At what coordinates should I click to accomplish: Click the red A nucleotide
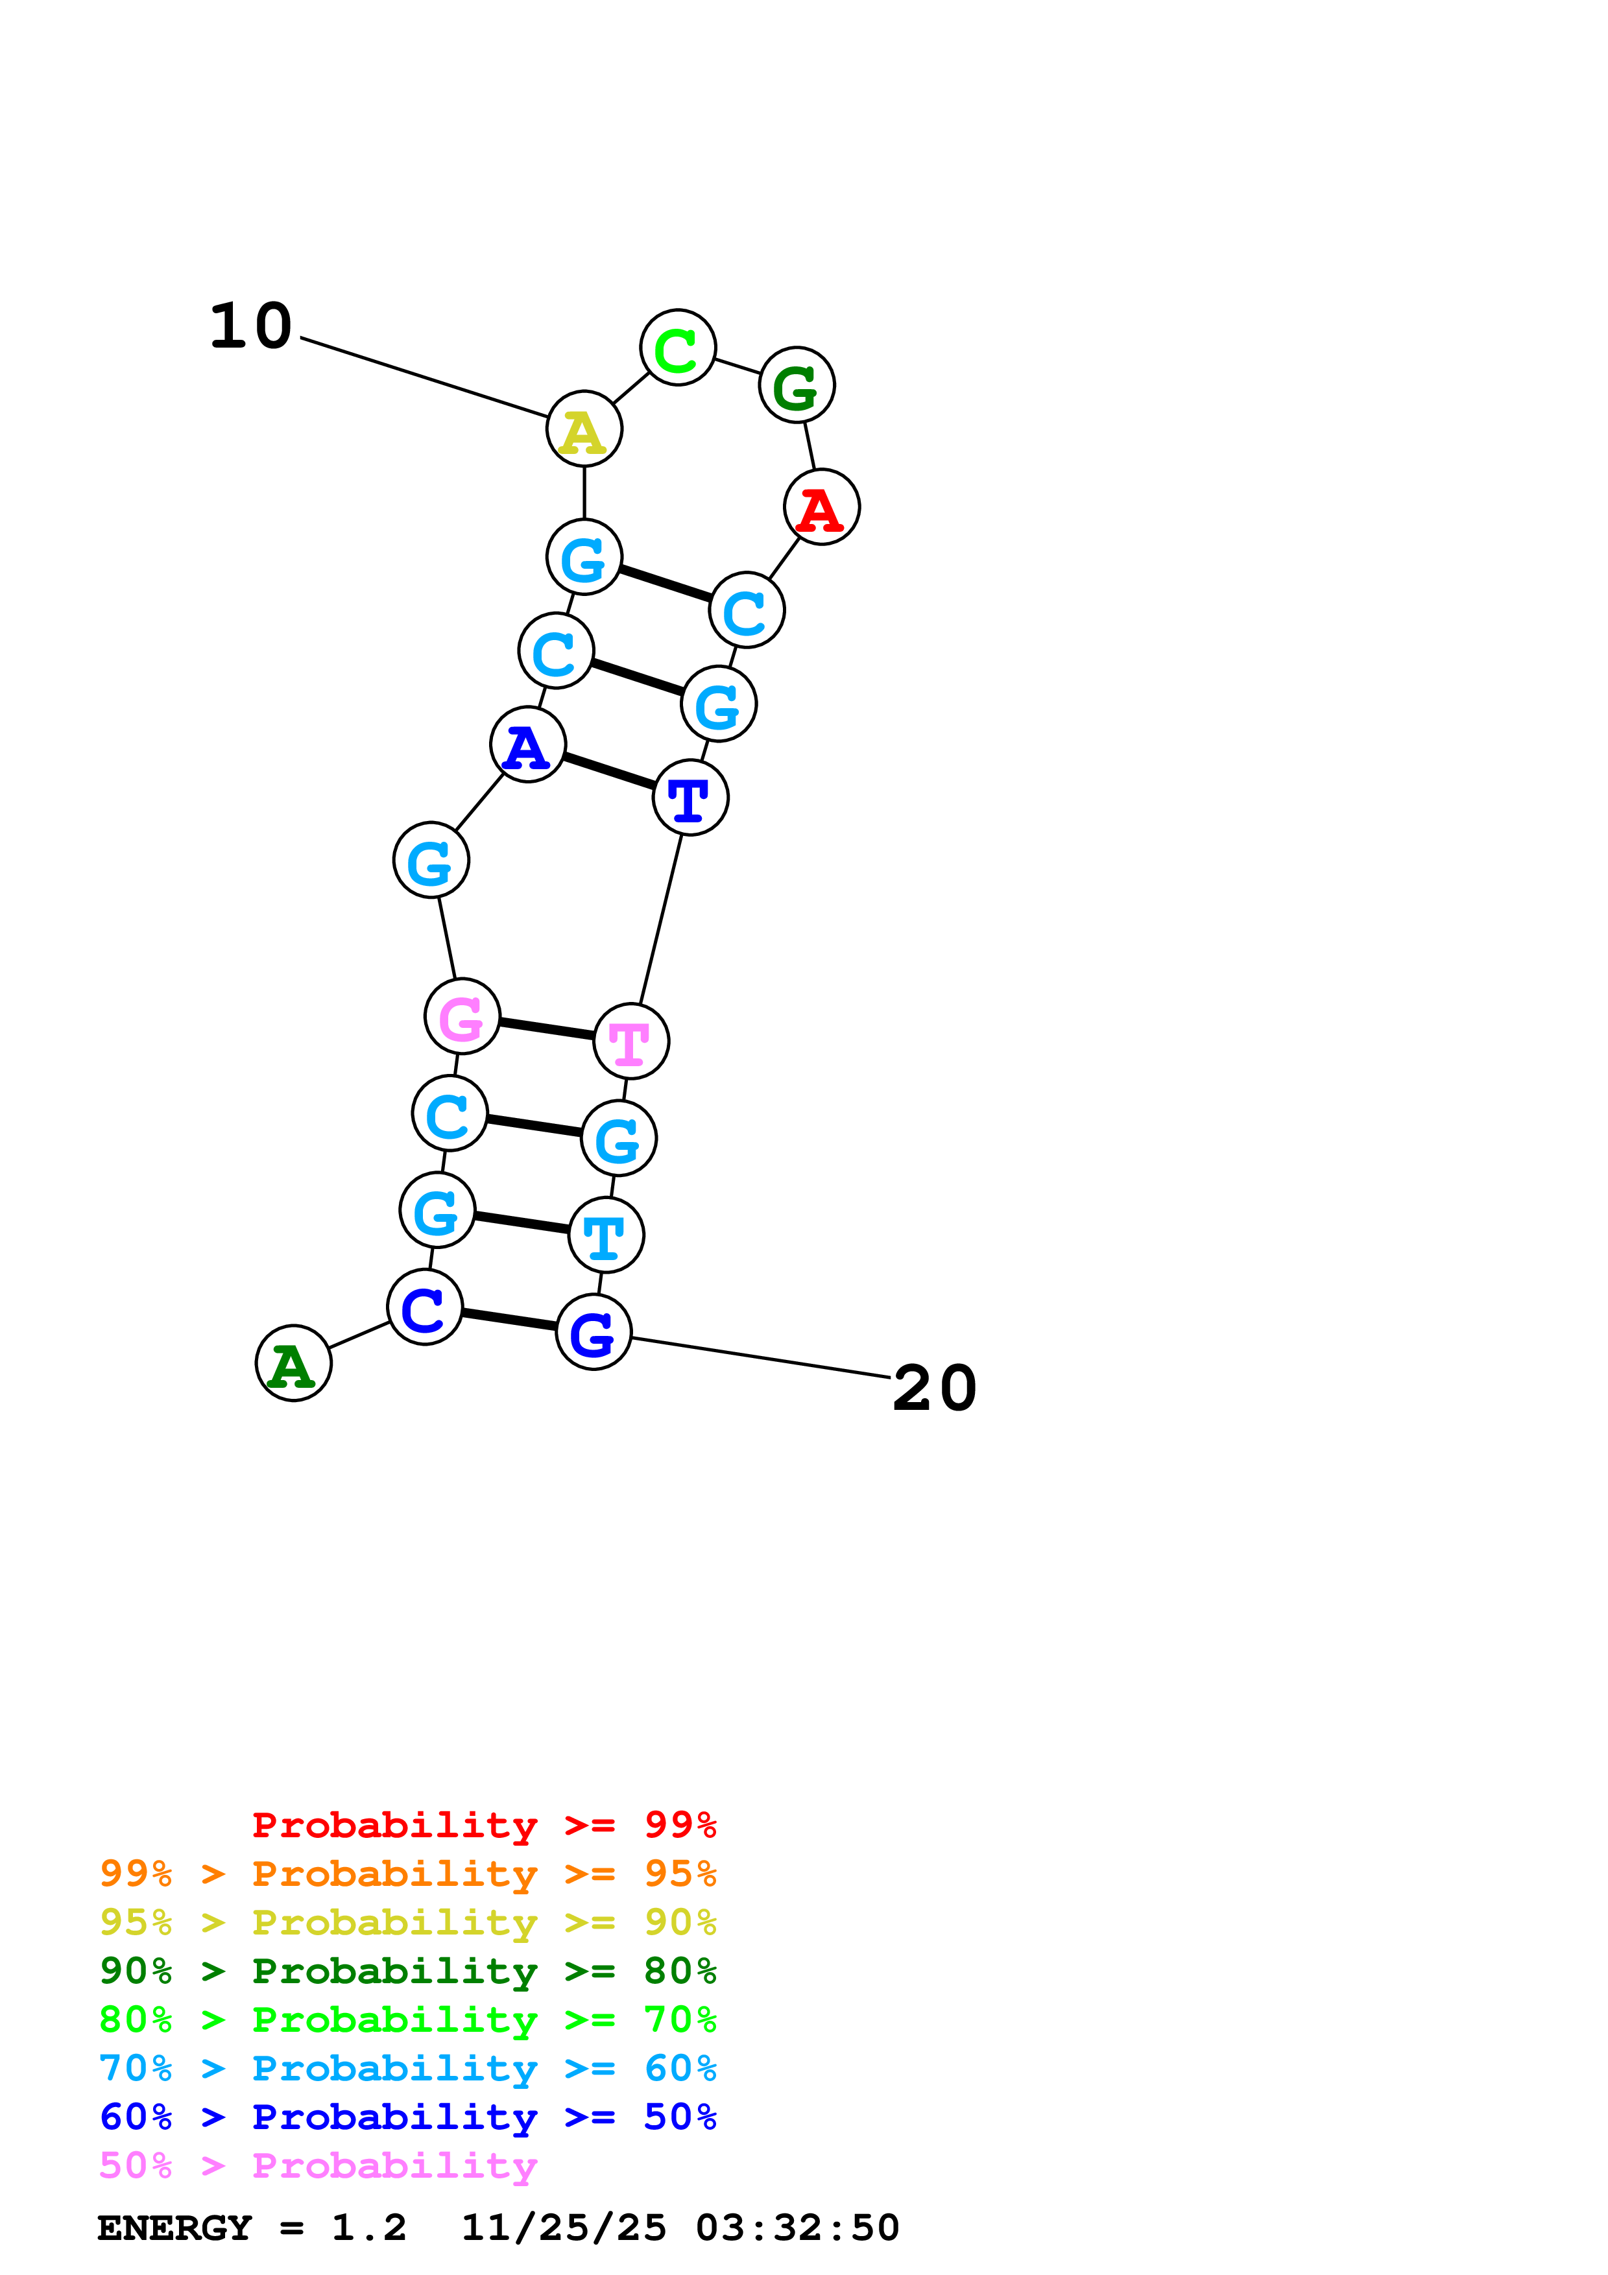coord(821,507)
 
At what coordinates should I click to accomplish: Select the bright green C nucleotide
coord(678,348)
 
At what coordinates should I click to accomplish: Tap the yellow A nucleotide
coord(584,429)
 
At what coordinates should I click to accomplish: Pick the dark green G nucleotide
coord(797,385)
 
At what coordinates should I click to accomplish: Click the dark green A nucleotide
coord(293,1363)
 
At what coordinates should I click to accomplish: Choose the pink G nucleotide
coord(462,1017)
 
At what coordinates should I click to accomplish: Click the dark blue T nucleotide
coord(691,798)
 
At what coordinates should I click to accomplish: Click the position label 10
coord(250,326)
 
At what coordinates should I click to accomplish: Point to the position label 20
coord(934,1388)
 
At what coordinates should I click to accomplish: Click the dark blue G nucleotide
coord(594,1333)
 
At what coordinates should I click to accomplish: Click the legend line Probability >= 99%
coord(483,1825)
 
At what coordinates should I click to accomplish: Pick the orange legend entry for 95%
coord(408,1874)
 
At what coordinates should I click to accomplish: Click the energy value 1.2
coord(368,2228)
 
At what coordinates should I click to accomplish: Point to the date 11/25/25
coord(564,2228)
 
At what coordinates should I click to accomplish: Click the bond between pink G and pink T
coord(547,1029)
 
